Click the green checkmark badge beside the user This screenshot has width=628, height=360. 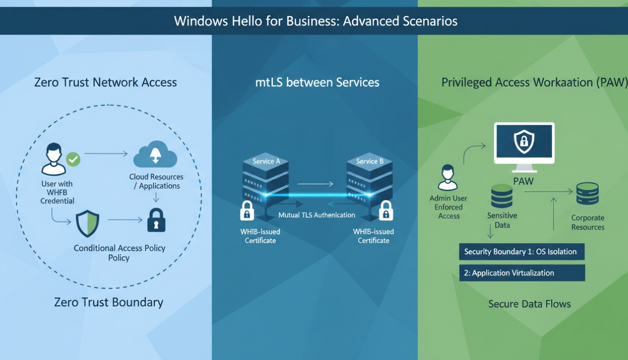click(73, 159)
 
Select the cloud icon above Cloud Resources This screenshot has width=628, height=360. click(155, 156)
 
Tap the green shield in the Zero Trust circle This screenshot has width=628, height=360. click(87, 223)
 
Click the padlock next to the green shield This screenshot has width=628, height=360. click(156, 220)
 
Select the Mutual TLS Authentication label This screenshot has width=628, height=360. click(316, 215)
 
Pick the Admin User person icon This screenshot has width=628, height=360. click(448, 177)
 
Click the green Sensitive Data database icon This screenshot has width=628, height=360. click(502, 196)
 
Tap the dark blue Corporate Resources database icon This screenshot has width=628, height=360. click(587, 194)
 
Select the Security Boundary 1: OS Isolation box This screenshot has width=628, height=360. click(521, 252)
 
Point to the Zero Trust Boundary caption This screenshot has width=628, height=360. click(108, 302)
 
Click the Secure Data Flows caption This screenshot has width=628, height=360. click(529, 304)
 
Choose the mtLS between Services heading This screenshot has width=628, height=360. click(317, 83)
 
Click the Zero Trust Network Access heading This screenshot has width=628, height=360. click(106, 83)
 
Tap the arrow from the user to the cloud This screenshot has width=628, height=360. click(106, 153)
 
